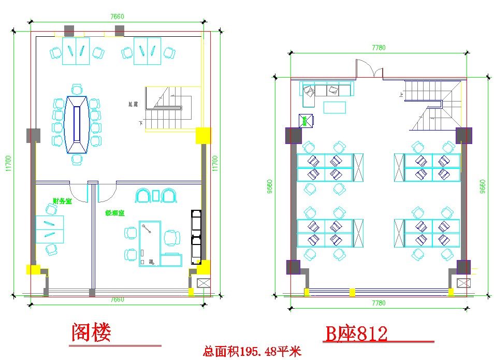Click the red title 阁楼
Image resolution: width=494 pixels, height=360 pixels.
[x=91, y=333]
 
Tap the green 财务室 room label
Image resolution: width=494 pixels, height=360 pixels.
[x=62, y=201]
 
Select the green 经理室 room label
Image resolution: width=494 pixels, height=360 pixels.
[x=114, y=213]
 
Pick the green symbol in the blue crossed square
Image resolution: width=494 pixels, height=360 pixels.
[x=306, y=121]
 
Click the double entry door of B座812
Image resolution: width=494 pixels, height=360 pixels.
[x=369, y=69]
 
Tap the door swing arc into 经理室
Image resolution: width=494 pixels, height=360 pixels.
[x=107, y=194]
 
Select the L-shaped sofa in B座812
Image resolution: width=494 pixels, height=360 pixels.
[x=326, y=90]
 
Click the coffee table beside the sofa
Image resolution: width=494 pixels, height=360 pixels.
[x=335, y=107]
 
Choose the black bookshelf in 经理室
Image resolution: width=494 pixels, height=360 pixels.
[x=196, y=236]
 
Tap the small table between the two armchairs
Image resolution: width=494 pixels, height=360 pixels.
[x=156, y=195]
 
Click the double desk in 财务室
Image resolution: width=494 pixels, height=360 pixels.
[x=50, y=229]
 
